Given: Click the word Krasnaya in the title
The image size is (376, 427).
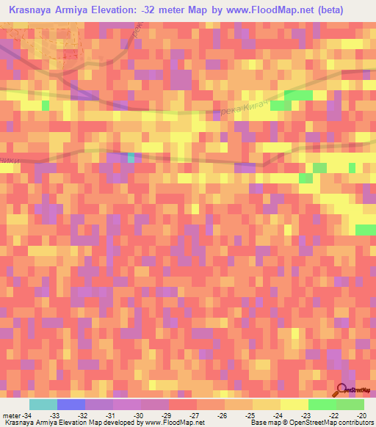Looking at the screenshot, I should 33,11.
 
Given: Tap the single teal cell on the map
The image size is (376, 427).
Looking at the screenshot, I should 131,157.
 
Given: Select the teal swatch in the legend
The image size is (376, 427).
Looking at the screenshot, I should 43,404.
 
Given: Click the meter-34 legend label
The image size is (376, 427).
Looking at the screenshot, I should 16,415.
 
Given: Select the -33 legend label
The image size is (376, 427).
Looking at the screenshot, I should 56,415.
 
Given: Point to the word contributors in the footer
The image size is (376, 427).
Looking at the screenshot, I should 353,423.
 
